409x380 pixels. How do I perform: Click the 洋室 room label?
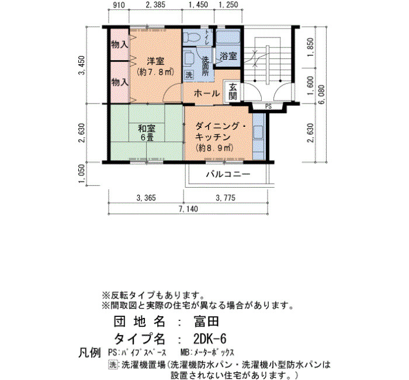point(156,61)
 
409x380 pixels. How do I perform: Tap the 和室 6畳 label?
point(146,133)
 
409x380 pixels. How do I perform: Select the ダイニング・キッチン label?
point(220,132)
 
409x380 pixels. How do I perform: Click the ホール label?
point(207,93)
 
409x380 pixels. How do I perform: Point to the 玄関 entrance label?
point(233,91)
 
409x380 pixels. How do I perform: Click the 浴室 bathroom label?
point(228,56)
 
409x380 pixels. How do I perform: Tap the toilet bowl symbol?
point(191,37)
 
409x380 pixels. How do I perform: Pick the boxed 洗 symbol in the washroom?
point(189,75)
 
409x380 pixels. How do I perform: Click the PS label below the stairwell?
point(268,106)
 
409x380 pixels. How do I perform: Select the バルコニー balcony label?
point(228,174)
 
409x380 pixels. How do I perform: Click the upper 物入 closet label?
point(119,44)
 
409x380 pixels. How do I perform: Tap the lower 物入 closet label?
point(119,83)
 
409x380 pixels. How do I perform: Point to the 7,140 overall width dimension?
point(188,209)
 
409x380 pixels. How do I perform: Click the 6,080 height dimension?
point(322,94)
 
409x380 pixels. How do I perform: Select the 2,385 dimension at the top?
point(155,5)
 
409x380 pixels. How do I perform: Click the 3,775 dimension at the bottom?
point(226,198)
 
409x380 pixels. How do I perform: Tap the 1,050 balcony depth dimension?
point(82,174)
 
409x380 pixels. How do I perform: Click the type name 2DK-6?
point(210,339)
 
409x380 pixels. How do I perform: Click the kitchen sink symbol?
point(258,132)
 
